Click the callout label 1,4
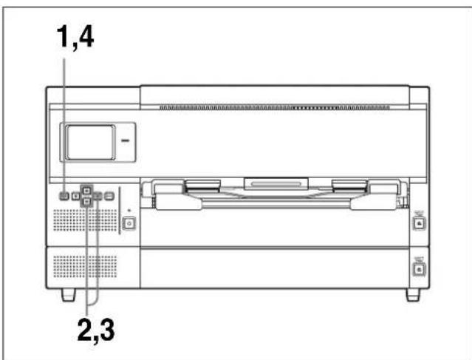pos(75,37)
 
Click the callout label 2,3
pos(96,330)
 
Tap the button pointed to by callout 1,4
pos(64,196)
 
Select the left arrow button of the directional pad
pos(75,197)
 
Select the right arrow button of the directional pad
pos(98,196)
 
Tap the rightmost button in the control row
pos(109,196)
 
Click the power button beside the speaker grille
pos(129,224)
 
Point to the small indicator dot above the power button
pos(129,211)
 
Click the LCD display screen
pos(90,142)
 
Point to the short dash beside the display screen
pos(126,140)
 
